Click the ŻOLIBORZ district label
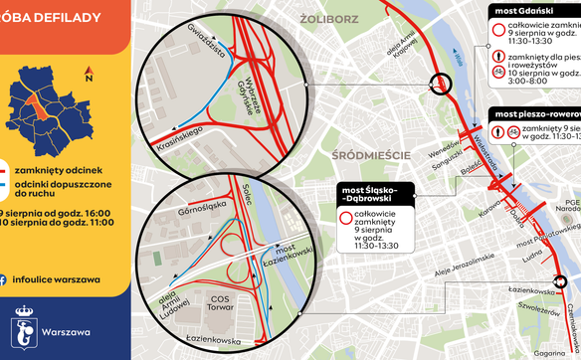340,16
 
